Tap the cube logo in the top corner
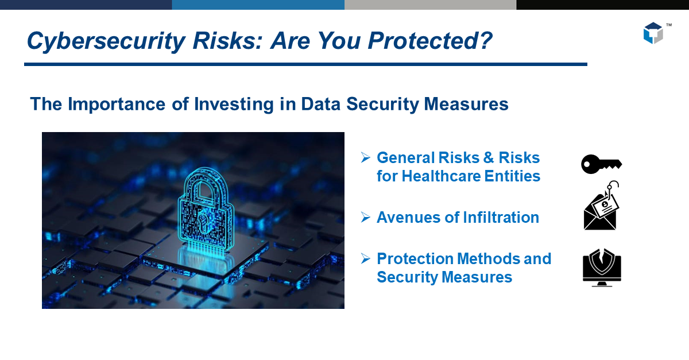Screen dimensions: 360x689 tap(653, 33)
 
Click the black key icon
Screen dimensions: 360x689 tap(601, 164)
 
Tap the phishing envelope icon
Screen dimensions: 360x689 tap(601, 210)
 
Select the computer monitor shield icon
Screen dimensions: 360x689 tap(602, 268)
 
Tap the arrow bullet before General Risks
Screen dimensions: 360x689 tap(365, 157)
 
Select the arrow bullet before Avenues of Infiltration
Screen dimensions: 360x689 tap(365, 217)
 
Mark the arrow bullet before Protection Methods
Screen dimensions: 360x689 tap(365, 258)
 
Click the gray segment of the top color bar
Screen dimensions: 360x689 tap(430, 5)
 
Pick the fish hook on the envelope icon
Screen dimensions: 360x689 tap(613, 185)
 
